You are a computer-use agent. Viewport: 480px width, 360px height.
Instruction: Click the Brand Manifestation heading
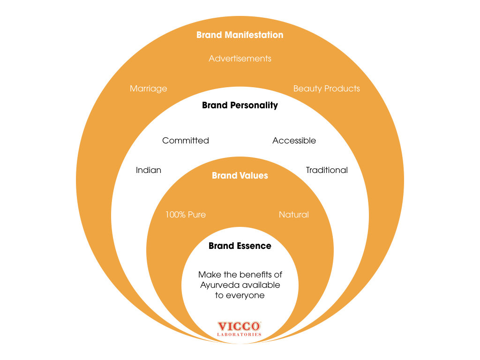240,35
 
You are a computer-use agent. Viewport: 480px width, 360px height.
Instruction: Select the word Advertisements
240,59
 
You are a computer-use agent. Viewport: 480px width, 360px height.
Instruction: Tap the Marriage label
148,89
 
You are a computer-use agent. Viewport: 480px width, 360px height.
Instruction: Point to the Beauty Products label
326,89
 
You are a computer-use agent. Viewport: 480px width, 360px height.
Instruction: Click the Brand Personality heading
240,105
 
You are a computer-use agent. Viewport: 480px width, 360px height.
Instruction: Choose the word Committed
185,141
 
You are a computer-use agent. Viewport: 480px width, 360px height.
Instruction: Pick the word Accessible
294,141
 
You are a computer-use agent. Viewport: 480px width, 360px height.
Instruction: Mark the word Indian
148,170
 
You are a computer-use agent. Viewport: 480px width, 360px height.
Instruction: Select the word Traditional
327,170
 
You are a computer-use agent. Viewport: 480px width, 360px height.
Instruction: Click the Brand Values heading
240,176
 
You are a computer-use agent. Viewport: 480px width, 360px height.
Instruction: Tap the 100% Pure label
185,215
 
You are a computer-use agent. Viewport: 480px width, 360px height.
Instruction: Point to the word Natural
293,215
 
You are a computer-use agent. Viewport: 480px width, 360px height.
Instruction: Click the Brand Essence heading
240,246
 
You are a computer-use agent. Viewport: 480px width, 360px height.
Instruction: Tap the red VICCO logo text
239,326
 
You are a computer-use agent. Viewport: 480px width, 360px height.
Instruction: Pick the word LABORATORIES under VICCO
239,335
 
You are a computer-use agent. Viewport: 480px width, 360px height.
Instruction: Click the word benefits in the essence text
256,275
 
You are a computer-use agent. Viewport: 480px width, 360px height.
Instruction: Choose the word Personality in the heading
254,105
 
